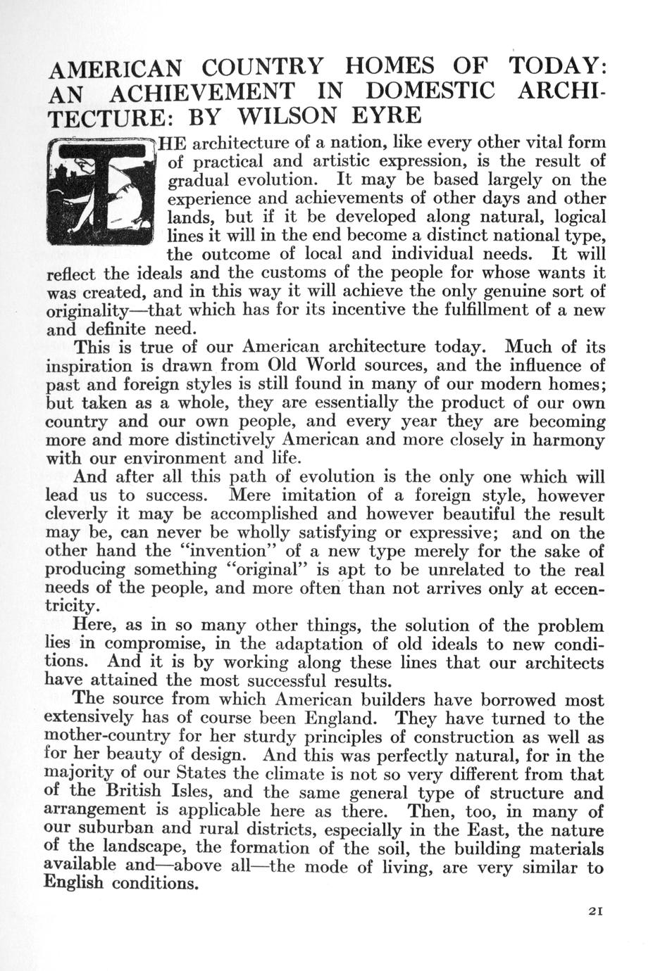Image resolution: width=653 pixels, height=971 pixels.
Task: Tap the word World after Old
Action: coord(332,366)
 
